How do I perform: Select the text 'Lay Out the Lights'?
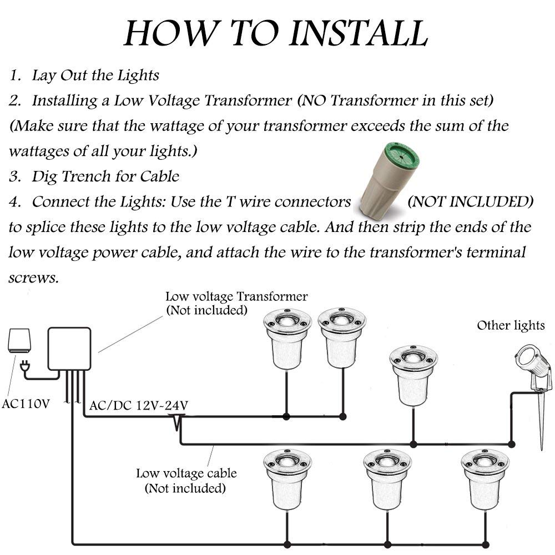click(x=95, y=75)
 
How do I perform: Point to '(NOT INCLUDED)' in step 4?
click(x=470, y=201)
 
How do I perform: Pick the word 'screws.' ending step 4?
click(x=33, y=277)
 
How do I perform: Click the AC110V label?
click(x=26, y=403)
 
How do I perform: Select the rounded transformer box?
click(x=70, y=348)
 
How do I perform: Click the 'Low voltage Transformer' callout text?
click(x=236, y=296)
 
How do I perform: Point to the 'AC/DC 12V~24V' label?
click(x=138, y=406)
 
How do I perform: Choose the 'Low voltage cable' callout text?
click(x=186, y=473)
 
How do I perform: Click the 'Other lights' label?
click(x=511, y=325)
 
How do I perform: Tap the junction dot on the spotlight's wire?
click(x=511, y=444)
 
